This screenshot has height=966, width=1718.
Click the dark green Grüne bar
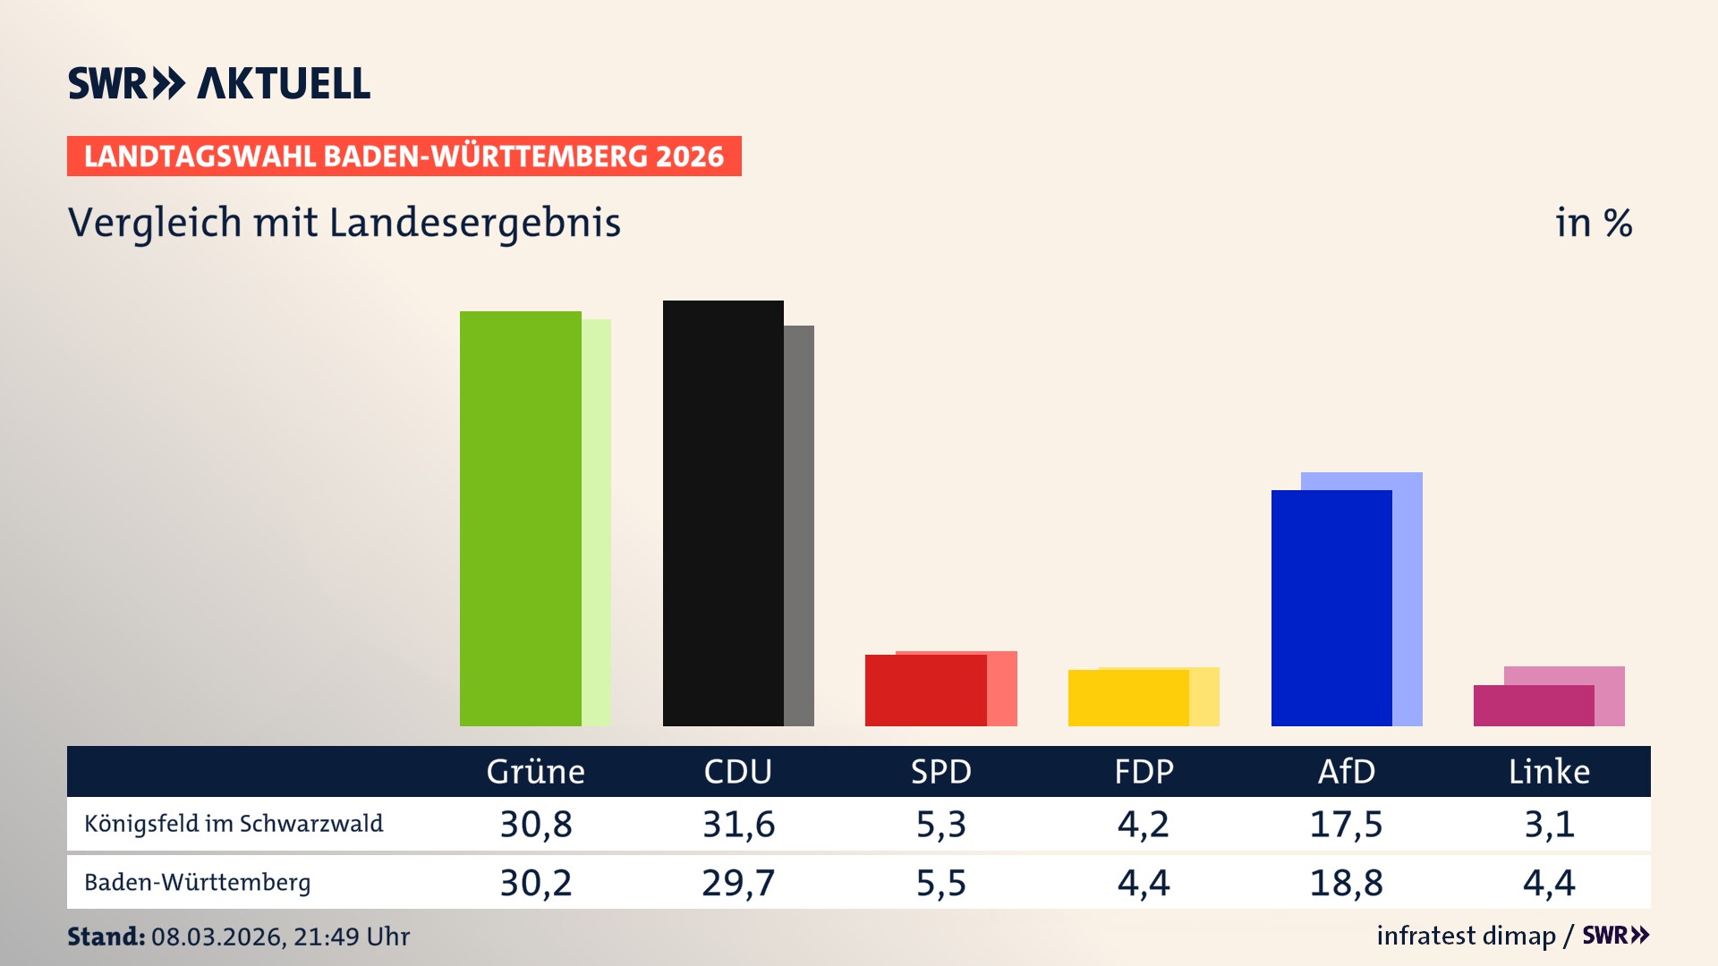[520, 519]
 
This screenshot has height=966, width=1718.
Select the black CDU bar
[723, 513]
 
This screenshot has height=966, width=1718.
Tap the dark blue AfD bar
[1331, 608]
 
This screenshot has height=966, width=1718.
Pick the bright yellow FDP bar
[1128, 699]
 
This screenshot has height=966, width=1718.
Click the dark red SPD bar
[925, 691]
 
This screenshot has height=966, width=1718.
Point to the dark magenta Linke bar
[1534, 706]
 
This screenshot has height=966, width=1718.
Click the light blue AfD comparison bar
[1408, 599]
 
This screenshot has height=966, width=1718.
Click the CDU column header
[737, 772]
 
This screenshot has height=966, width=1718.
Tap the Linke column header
[1549, 772]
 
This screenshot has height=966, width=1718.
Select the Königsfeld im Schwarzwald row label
[234, 824]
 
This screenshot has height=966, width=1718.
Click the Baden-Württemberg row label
[198, 883]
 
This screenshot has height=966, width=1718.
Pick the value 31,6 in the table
[738, 824]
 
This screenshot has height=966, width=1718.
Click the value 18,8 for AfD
[1346, 883]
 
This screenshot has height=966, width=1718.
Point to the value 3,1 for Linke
[1549, 824]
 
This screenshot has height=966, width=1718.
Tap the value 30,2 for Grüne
[535, 883]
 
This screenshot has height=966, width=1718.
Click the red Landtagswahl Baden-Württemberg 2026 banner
[404, 157]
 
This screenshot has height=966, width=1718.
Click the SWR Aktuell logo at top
[219, 83]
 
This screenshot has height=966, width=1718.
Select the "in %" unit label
[1593, 223]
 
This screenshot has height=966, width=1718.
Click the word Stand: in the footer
[106, 936]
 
